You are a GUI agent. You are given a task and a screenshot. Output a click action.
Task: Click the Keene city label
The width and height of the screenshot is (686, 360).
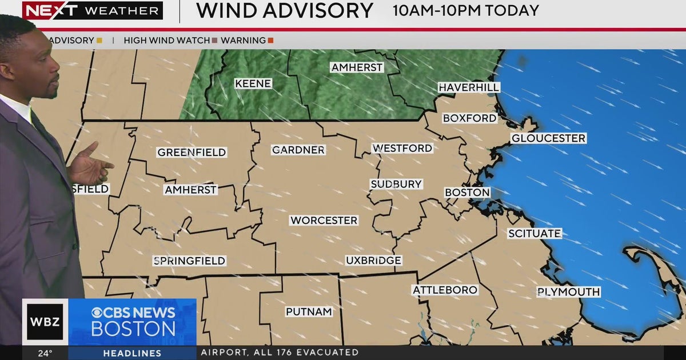point(253,83)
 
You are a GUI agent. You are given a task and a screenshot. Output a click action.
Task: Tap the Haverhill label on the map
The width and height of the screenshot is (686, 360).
point(469,87)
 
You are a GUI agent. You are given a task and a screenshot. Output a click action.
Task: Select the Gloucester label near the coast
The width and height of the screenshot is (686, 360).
point(548,138)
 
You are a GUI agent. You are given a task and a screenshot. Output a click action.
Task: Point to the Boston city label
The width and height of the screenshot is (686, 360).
point(467,193)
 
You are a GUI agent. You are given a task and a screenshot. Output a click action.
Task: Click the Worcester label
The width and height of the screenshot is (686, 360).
point(324,221)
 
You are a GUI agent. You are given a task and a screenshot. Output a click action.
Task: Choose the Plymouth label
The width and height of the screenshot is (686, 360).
point(568,292)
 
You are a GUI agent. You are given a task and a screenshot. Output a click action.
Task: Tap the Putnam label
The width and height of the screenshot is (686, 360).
point(309,311)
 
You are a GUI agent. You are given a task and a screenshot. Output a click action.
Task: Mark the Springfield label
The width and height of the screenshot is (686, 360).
point(190,261)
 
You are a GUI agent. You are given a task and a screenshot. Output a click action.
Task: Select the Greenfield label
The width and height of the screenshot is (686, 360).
point(192,153)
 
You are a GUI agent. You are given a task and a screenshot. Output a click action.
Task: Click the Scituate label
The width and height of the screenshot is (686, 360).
point(535,234)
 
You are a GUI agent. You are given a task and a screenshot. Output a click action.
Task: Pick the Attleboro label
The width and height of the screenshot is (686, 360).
point(445,290)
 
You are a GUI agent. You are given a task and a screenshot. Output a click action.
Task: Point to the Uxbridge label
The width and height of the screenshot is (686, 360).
point(373,261)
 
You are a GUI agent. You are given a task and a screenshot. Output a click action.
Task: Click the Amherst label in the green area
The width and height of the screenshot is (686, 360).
point(357,67)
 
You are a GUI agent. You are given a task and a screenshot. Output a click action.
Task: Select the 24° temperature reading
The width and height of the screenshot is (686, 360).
point(45,353)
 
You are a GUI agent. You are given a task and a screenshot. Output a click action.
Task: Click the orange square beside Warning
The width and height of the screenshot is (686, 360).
point(270,41)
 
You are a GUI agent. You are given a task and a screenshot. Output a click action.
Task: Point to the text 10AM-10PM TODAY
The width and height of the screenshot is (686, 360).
point(466,10)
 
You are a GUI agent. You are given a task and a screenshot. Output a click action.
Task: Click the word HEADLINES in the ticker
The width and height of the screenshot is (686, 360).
point(132,353)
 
